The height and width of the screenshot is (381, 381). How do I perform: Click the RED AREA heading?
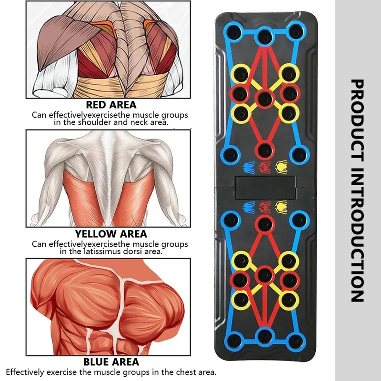pyautogui.click(x=110, y=105)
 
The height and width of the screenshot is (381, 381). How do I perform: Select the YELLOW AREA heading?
pyautogui.click(x=110, y=234)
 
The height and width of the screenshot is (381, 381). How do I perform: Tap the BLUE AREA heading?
pyautogui.click(x=110, y=362)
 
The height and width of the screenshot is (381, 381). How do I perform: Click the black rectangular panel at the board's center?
pyautogui.click(x=265, y=186)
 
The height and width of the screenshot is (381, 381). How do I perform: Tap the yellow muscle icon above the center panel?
pyautogui.click(x=281, y=166)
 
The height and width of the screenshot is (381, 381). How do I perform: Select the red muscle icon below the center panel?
pyautogui.click(x=265, y=207)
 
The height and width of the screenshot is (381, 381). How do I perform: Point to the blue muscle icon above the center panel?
pyautogui.click(x=248, y=166)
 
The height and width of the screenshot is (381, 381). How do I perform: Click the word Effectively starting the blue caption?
pyautogui.click(x=26, y=371)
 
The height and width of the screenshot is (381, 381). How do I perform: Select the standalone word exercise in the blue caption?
pyautogui.click(x=63, y=371)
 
